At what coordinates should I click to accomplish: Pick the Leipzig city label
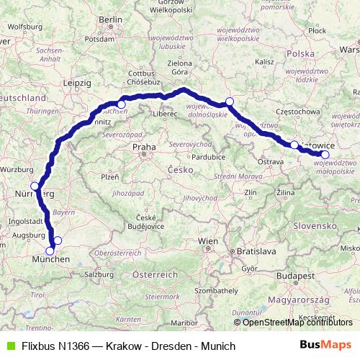(x=76, y=83)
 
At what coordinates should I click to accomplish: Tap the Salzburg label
(x=99, y=274)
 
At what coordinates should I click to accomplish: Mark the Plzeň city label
(x=110, y=176)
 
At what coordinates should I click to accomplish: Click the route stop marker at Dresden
(x=121, y=105)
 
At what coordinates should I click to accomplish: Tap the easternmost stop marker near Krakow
(x=325, y=154)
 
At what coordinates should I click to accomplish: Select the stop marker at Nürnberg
(x=35, y=186)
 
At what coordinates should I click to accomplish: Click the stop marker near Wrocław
(x=229, y=102)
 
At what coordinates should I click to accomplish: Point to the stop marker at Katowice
(x=294, y=145)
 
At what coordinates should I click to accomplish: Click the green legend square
(x=9, y=346)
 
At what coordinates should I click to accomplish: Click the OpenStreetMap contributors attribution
(x=296, y=322)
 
